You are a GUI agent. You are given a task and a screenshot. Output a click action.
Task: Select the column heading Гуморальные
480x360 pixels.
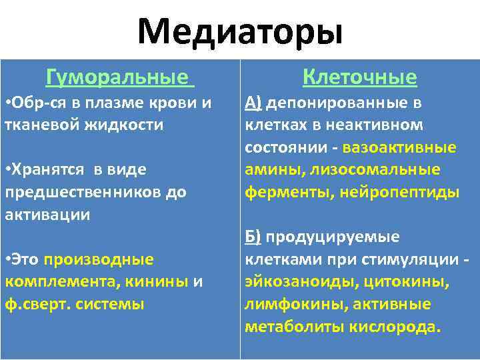[117, 78]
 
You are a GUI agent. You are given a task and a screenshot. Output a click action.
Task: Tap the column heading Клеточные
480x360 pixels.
[360, 78]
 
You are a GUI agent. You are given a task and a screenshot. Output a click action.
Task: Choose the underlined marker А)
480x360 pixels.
[253, 102]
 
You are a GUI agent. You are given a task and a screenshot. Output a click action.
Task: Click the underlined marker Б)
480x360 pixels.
[253, 237]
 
